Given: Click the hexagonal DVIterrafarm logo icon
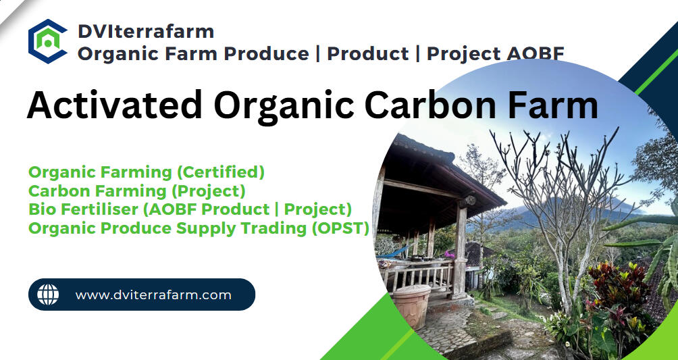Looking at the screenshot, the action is coord(47,41).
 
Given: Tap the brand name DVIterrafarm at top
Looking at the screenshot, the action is coord(146,32).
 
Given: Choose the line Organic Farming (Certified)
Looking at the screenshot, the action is coord(146,173).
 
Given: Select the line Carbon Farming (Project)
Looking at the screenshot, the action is coord(136,191).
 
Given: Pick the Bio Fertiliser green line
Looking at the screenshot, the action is coord(190,209).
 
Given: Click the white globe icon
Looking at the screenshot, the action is coord(47,294).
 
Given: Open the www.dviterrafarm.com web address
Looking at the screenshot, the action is coord(153,295).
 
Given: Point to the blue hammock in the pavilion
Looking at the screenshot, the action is coord(395,253).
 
